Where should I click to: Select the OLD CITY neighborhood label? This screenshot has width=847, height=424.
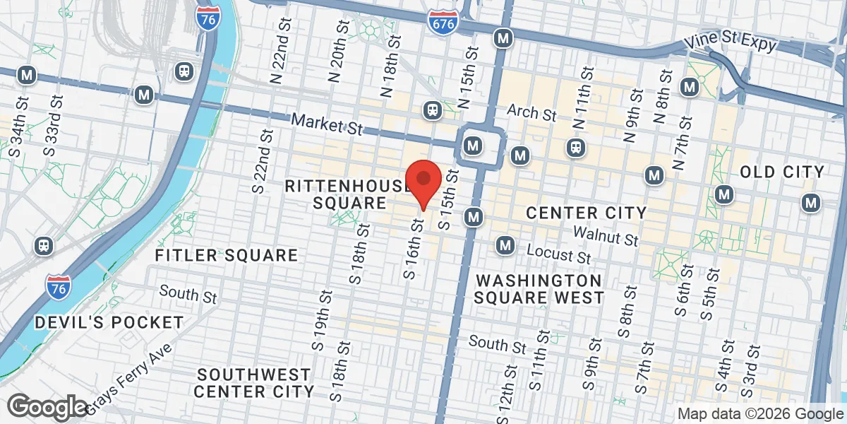point(782,172)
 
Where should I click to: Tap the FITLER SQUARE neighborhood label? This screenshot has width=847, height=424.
point(226,255)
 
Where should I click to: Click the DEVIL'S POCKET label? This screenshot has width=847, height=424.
point(109,322)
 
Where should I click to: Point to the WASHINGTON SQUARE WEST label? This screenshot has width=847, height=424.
point(539,288)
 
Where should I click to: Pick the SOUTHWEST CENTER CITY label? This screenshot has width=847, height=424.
point(254,382)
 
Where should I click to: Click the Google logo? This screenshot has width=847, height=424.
point(47,407)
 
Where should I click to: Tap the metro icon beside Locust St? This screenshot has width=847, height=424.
point(505,245)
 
